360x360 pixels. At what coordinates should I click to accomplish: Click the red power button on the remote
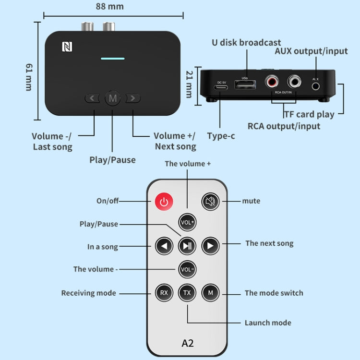(x=164, y=202)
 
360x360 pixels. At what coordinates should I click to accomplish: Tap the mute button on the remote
(x=210, y=201)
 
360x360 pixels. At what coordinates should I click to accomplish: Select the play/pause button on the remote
(x=187, y=246)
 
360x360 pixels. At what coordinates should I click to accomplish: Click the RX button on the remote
(x=164, y=292)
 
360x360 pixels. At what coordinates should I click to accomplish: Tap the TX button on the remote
(x=187, y=292)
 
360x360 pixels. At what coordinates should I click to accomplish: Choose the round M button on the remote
(x=210, y=292)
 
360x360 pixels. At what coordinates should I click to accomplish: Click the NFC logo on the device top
(x=66, y=47)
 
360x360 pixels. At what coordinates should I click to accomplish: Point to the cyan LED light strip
(x=112, y=59)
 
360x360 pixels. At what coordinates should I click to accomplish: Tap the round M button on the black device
(x=113, y=98)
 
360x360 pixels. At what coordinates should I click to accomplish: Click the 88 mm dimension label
(x=109, y=6)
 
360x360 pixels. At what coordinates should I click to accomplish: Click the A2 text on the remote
(x=187, y=343)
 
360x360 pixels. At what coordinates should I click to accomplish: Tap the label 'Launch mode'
(x=268, y=323)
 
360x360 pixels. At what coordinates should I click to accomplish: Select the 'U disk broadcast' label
(x=247, y=43)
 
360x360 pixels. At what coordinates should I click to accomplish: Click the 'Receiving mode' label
(x=89, y=293)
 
